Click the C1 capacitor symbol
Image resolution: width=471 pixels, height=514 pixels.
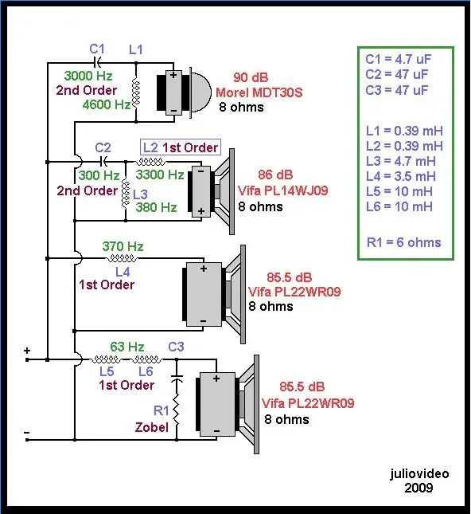[98, 62]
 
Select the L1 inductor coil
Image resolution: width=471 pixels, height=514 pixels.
[136, 92]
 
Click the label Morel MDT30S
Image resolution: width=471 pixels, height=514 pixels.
[259, 92]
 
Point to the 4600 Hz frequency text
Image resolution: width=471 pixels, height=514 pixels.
[107, 104]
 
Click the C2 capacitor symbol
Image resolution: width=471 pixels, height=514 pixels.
[103, 161]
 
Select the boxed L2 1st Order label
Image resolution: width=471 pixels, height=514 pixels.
[181, 147]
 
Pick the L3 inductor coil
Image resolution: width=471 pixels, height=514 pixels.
[126, 194]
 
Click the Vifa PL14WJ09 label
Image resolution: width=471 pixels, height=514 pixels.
[282, 190]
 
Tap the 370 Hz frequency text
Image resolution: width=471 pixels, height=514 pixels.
[123, 246]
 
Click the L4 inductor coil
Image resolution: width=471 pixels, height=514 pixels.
[122, 259]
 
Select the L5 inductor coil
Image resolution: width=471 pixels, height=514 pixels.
[105, 359]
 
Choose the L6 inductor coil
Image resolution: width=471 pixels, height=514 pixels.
[146, 359]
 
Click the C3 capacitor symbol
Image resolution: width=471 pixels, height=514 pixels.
[177, 379]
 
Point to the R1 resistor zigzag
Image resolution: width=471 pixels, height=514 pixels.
[177, 410]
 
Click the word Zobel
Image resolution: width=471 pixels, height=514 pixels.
[152, 427]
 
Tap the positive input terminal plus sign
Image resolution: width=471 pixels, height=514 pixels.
[27, 351]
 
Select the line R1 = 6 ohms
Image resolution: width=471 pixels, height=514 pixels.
[404, 242]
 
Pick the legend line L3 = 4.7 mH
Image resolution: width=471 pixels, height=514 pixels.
[401, 161]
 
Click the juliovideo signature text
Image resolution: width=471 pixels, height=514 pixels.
[419, 473]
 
